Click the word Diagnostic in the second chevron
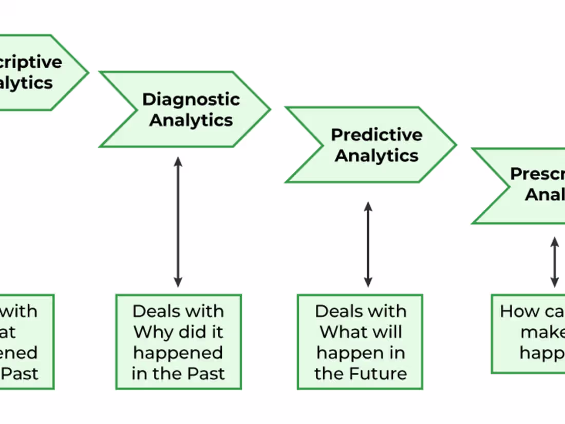pos(191,99)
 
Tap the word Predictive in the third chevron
pos(376,135)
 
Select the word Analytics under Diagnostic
pos(191,120)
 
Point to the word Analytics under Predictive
pos(376,156)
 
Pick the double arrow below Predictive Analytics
pos(368,244)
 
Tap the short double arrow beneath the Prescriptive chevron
pos(555,262)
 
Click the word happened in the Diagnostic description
pos(178,353)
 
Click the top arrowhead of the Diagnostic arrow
pos(178,161)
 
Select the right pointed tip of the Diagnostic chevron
pos(269,109)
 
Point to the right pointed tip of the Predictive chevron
pos(455,145)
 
